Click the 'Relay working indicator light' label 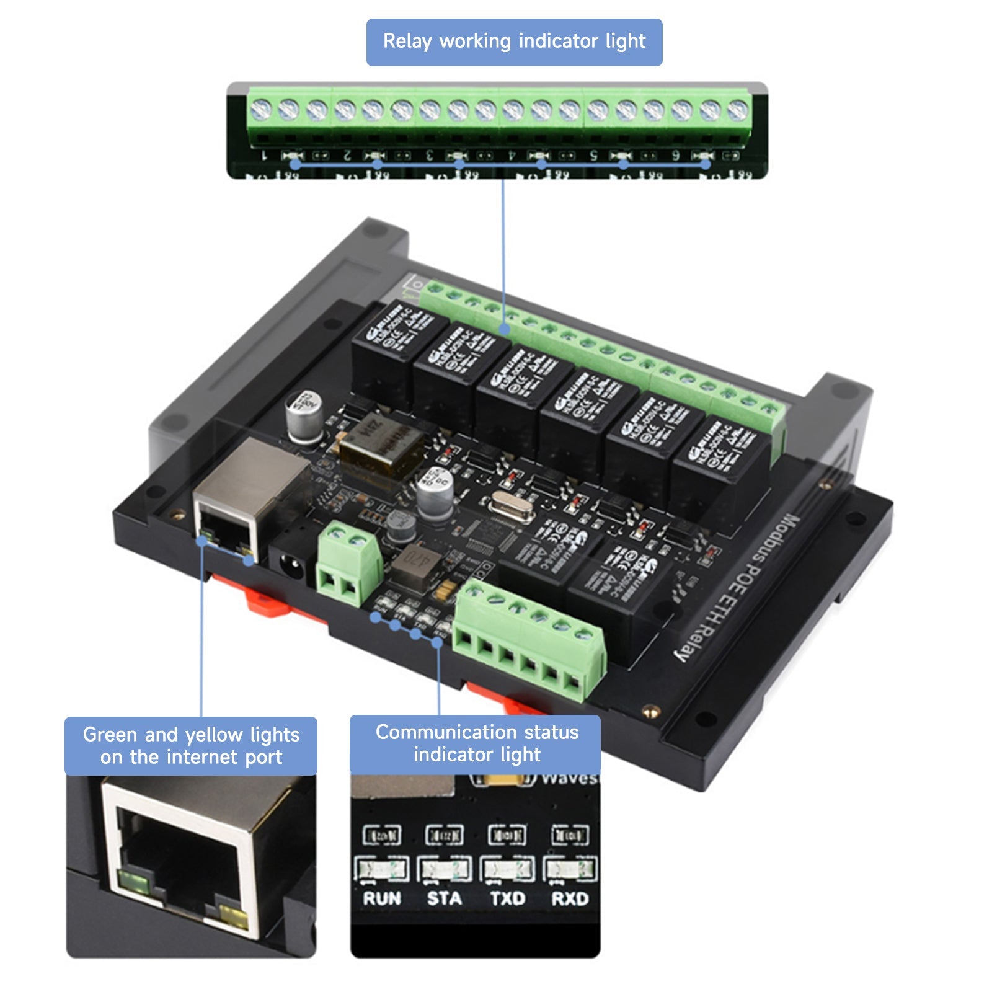514,42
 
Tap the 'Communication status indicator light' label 476,743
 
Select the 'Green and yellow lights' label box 191,746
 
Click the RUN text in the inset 382,898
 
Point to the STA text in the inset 444,898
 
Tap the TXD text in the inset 507,898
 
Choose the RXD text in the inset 570,898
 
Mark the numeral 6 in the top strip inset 676,155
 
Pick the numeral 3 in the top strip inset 429,155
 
